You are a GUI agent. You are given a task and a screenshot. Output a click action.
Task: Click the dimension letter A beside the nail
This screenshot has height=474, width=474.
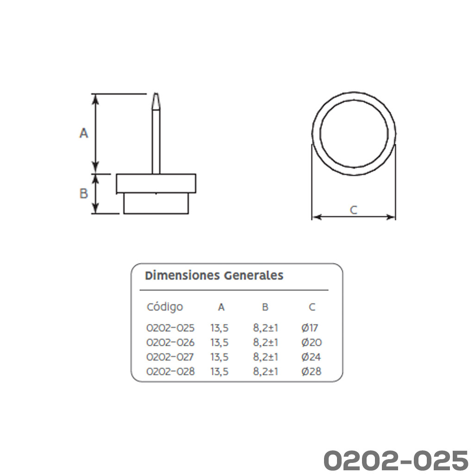84,133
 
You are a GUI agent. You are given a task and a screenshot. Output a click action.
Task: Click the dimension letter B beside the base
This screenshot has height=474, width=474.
84,193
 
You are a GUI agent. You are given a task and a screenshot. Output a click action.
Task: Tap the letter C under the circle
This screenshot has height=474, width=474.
353,210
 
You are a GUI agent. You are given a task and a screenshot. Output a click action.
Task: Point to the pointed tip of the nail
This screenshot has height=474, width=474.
156,94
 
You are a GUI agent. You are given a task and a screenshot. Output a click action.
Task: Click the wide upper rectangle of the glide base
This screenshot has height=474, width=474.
156,183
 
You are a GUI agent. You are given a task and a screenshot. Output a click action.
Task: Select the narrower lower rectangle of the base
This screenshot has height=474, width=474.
156,204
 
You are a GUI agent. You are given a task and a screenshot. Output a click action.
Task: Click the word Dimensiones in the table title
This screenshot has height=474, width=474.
182,275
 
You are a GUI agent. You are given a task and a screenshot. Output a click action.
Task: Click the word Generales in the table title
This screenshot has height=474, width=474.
254,275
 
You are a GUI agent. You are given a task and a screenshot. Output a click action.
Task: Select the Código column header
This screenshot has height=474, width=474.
165,307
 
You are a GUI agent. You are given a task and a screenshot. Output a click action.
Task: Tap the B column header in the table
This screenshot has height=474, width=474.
265,307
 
